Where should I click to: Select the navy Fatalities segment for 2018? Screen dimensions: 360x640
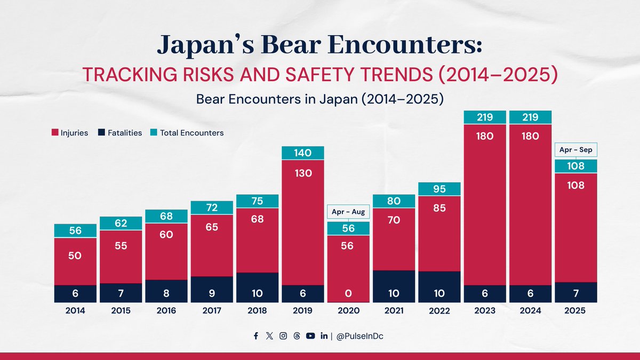tap(257, 287)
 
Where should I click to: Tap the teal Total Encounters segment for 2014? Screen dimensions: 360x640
tap(75, 230)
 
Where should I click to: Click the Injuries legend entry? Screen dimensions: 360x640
tap(70, 133)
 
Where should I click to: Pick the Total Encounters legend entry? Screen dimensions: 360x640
tap(187, 133)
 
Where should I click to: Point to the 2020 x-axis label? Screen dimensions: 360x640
tap(348, 310)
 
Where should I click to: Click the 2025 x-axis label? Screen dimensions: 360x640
tap(575, 310)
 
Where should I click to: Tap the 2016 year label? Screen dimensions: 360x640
tap(166, 310)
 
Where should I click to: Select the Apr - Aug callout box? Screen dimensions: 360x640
tap(348, 212)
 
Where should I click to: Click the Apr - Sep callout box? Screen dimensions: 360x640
tap(575, 150)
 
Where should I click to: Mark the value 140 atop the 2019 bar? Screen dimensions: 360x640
tap(303, 153)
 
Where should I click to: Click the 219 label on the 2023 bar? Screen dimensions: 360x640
tap(484, 117)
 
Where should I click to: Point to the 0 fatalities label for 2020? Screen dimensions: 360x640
tap(348, 294)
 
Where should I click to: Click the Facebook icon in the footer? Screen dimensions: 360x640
tap(256, 335)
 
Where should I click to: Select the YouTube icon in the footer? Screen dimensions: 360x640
tap(310, 335)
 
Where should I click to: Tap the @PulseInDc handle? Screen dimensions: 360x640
tap(360, 335)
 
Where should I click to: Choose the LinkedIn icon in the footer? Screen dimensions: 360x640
tap(324, 335)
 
